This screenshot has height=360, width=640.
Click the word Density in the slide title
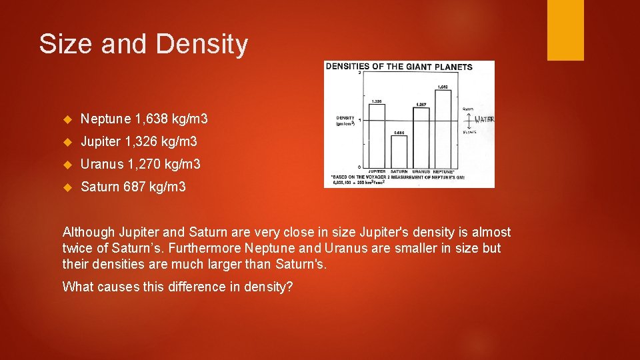pyautogui.click(x=202, y=45)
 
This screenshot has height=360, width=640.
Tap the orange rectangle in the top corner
pyautogui.click(x=565, y=29)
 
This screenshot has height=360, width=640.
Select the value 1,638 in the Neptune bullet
pyautogui.click(x=151, y=119)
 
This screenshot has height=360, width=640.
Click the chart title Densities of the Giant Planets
pyautogui.click(x=399, y=67)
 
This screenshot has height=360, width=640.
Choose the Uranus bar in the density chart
pyautogui.click(x=421, y=137)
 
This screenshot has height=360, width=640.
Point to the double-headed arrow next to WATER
pyautogui.click(x=469, y=120)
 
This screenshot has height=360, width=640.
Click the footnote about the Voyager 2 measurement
pyautogui.click(x=397, y=179)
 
